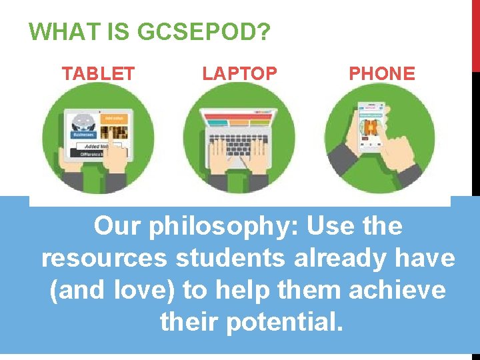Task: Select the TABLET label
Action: [98, 74]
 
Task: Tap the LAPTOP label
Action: [239, 74]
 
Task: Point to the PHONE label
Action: [382, 74]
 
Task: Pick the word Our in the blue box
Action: [117, 227]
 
